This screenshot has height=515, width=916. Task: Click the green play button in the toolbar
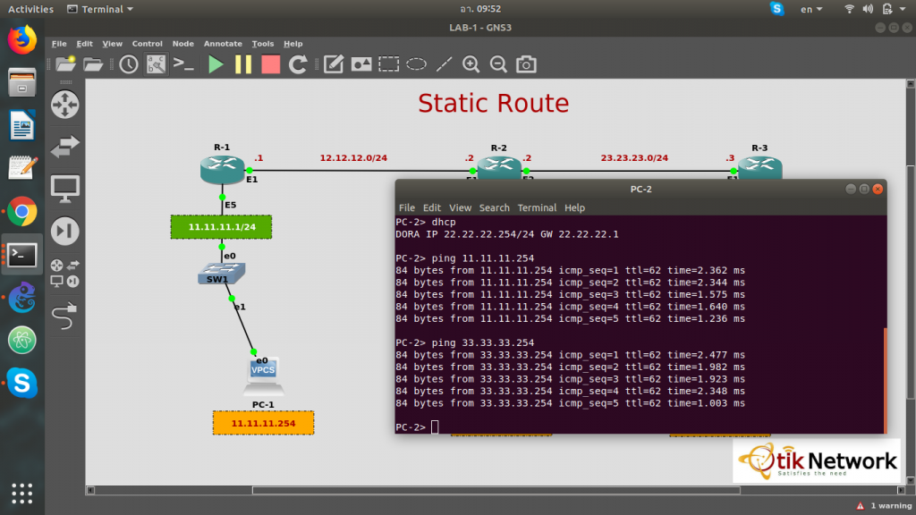[x=216, y=64]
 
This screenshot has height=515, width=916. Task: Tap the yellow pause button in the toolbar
[x=243, y=64]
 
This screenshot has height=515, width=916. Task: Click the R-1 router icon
[x=222, y=170]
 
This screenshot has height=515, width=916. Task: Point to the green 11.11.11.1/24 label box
[x=222, y=227]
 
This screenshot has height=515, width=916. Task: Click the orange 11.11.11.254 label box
[x=264, y=423]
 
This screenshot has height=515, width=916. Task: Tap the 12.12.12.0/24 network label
[x=353, y=157]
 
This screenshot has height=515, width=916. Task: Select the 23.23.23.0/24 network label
[x=634, y=157]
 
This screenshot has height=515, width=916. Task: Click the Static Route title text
[x=494, y=104]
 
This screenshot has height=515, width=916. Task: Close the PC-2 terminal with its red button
[x=878, y=190]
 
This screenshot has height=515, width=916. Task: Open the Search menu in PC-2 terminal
[x=494, y=207]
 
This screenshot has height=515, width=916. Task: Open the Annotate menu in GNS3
[x=223, y=44]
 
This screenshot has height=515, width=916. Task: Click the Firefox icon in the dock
[x=22, y=39]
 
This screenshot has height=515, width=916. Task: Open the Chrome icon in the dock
[x=22, y=212]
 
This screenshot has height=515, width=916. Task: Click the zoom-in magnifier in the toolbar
[x=471, y=64]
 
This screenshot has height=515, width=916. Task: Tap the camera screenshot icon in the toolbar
[x=526, y=64]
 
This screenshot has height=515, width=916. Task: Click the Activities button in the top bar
[x=30, y=9]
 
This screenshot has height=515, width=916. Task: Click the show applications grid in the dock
[x=22, y=494]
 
